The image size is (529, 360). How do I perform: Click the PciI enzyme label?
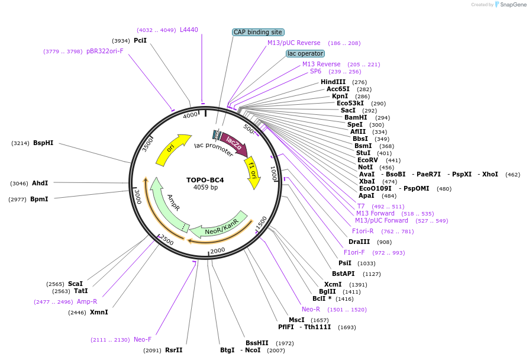(140, 40)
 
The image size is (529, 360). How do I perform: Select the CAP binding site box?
(259, 32)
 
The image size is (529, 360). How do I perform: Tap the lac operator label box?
(305, 53)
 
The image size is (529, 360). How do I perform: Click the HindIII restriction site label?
(333, 82)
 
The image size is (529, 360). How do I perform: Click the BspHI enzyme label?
(43, 143)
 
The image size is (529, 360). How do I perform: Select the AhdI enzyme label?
(40, 183)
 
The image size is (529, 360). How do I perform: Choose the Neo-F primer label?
(143, 339)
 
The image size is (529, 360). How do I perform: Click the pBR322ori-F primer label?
(105, 51)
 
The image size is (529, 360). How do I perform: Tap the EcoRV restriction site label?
(367, 160)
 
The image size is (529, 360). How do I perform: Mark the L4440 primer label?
(189, 30)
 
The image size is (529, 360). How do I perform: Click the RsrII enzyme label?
(174, 350)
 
